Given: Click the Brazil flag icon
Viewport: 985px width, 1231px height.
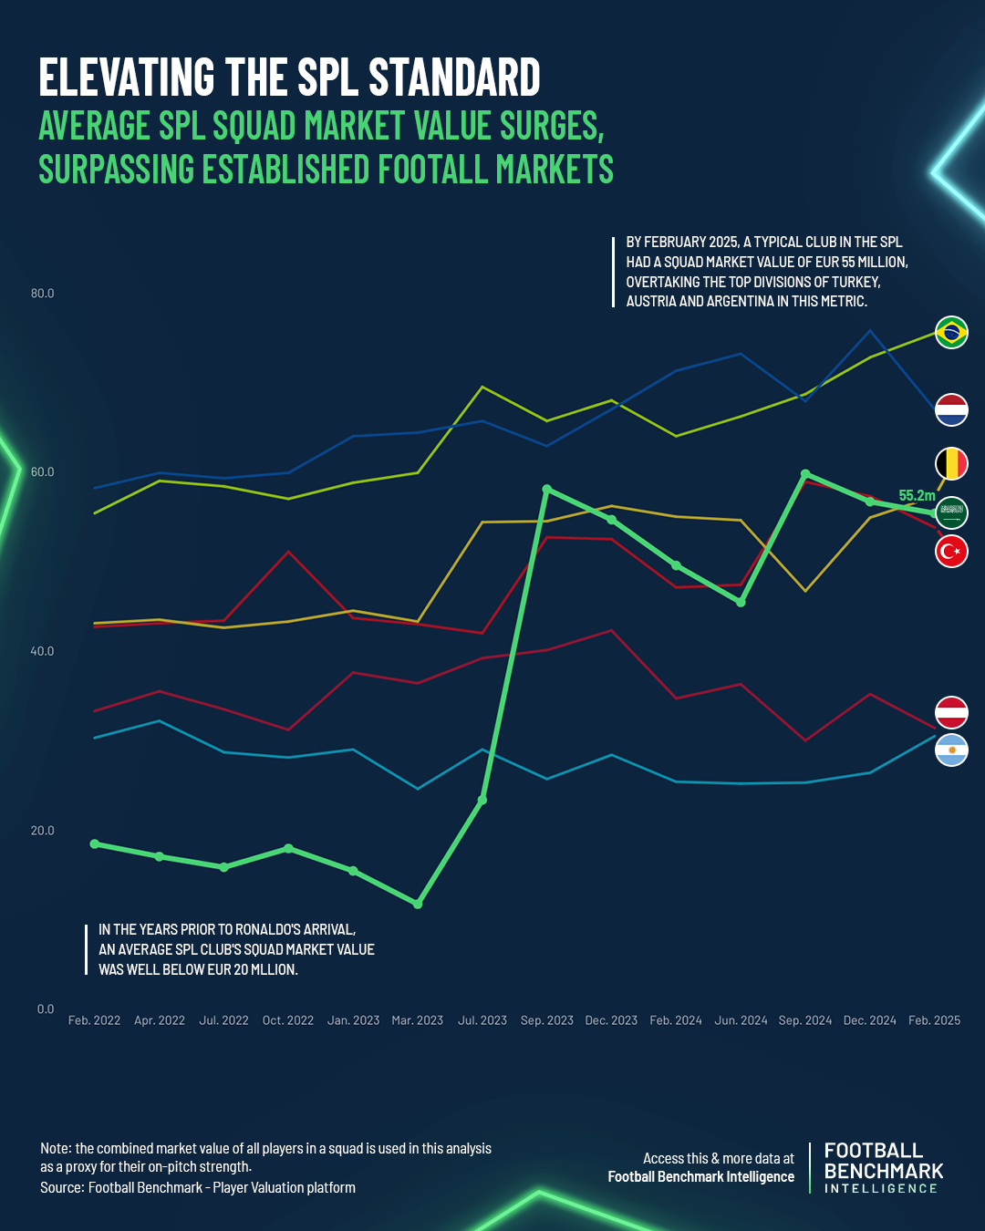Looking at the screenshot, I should pos(951,332).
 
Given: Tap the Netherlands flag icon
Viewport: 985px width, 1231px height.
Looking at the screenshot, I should pos(951,409).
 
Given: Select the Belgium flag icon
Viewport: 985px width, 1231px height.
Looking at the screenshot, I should pos(951,464).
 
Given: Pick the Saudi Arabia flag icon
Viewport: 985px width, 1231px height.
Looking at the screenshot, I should pos(951,512).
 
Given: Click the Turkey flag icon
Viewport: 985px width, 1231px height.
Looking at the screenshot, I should pos(951,551).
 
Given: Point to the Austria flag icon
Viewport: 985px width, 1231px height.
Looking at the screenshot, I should pos(951,712).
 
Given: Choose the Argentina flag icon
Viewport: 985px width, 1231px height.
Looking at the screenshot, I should pos(951,750).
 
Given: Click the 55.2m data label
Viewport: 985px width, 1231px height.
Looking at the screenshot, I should pos(917,496).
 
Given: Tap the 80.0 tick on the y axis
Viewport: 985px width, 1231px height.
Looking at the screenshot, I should pos(43,294).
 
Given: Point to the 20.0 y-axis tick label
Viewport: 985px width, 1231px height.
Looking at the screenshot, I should pos(43,831).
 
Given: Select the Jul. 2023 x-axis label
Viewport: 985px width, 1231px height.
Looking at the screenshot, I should pos(482,1020).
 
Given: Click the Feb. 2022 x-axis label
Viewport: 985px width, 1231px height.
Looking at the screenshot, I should pos(94,1020).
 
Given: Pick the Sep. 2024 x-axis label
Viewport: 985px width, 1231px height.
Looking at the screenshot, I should pos(805,1020).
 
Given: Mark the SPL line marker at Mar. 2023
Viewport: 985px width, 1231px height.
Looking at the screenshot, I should pos(418,904).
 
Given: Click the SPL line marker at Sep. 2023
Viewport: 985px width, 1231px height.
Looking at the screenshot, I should pos(546,490).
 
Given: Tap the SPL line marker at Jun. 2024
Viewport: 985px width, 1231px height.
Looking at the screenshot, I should pos(741,602).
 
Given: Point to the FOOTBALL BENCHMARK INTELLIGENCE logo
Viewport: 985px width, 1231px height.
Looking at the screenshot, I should pos(883,1168).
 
